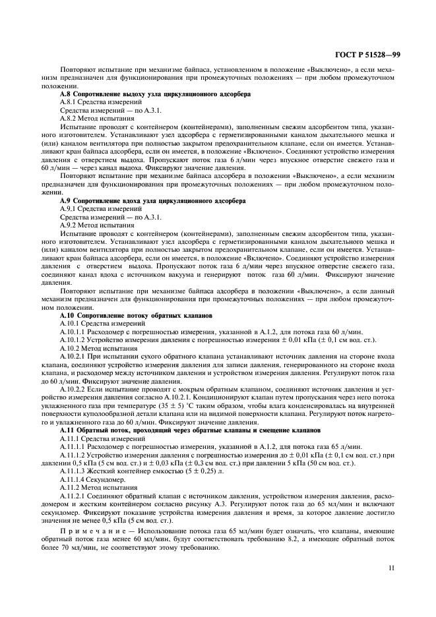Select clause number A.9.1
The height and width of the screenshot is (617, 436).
[x=69, y=208]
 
